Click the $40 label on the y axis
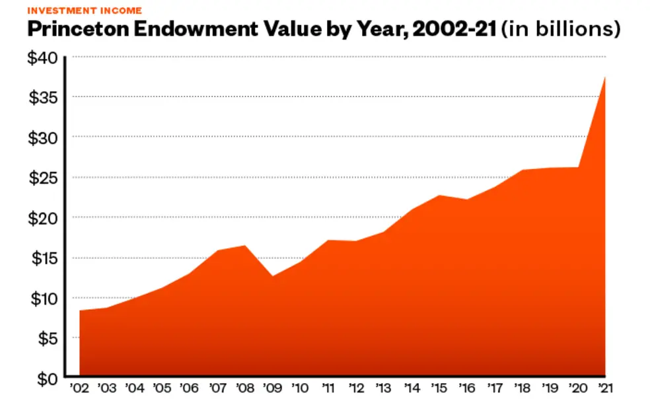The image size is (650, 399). click(42, 57)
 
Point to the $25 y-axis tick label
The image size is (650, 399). click(42, 178)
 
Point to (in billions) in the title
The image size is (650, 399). click(561, 30)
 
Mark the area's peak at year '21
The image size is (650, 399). click(605, 77)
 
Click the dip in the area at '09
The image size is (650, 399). click(271, 276)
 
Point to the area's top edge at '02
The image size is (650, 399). click(80, 310)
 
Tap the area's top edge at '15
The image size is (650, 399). click(439, 196)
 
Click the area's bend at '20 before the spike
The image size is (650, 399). click(579, 168)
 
